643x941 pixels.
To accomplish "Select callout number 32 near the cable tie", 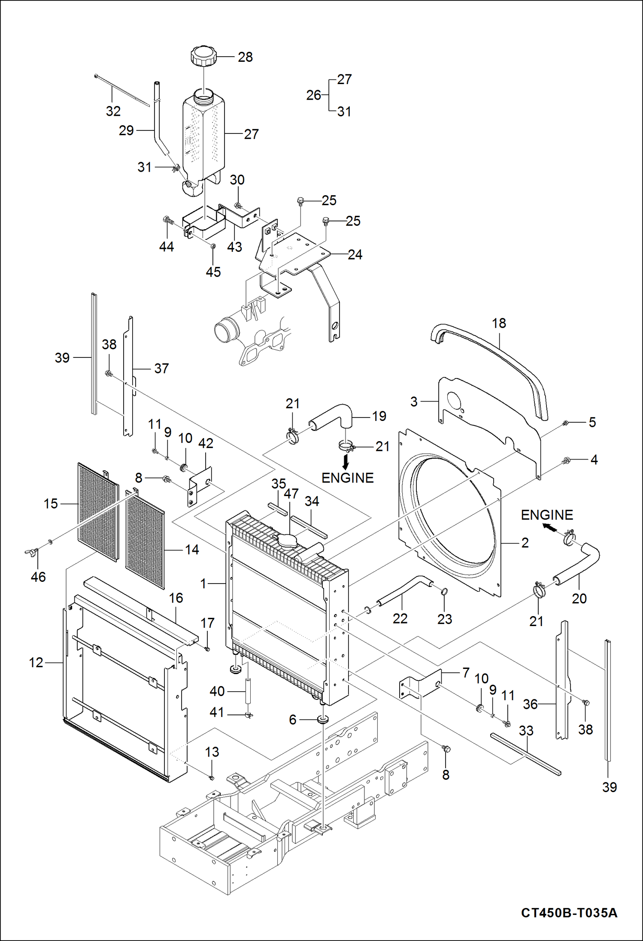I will pos(113,111).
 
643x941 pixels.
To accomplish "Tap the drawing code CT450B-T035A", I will pos(569,913).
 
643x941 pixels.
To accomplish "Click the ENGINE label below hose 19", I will pos(347,478).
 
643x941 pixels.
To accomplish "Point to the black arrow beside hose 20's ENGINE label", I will pos(549,527).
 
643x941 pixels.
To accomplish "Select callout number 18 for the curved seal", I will pos(499,323).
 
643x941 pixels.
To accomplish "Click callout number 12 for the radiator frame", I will pos(36,663).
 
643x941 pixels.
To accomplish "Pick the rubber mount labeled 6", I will pos(323,719).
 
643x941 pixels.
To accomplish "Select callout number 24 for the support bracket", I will pos(355,254).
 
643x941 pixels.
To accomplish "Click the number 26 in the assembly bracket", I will pos(313,95).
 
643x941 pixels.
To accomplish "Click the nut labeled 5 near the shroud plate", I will pos(565,424).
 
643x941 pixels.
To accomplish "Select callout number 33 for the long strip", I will pos(526,730).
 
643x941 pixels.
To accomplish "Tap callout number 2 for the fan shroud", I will pos(525,543).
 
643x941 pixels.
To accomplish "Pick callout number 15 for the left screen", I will pos(51,504).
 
